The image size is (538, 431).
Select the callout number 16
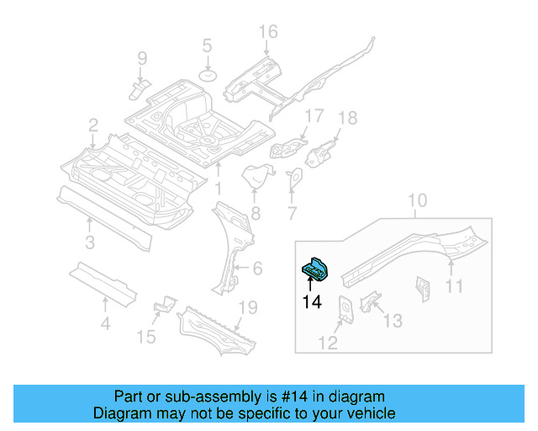click(267, 33)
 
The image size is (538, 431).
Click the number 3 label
click(90, 245)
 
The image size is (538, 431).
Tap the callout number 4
click(104, 323)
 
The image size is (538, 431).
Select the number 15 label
click(146, 338)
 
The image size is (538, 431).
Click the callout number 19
click(246, 308)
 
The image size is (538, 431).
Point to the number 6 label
click(257, 269)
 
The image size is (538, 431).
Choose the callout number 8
click(256, 214)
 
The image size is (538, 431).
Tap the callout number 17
click(314, 115)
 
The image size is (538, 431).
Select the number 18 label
click(347, 118)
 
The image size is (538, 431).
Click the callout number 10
click(418, 200)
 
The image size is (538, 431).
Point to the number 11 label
click(454, 287)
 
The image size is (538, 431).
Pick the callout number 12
click(328, 342)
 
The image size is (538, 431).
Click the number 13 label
click(393, 321)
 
